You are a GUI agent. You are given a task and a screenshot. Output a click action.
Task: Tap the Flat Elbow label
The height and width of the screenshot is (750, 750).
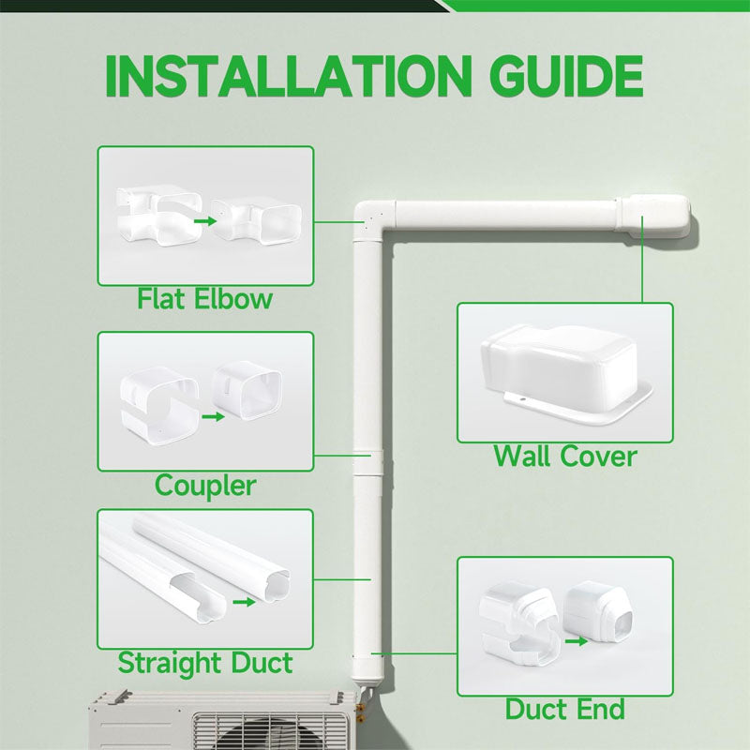point(204,299)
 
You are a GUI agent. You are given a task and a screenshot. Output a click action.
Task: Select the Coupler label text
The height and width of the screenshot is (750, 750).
point(204,485)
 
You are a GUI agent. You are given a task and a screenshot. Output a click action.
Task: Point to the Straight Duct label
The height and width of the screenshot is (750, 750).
point(204,663)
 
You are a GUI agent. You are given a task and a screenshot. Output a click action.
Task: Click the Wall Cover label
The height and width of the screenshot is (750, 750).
point(564,457)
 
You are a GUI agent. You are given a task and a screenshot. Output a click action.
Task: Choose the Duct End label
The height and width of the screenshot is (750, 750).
point(564,709)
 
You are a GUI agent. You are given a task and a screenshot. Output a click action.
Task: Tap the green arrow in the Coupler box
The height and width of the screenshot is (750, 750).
point(213,413)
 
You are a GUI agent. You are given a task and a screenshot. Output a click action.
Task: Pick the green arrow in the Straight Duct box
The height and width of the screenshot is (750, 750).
point(243,603)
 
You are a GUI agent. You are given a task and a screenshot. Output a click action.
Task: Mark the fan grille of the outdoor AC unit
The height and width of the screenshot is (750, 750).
point(272,731)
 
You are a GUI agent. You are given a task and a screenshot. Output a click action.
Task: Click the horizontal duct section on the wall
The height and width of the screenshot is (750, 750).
point(506,215)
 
